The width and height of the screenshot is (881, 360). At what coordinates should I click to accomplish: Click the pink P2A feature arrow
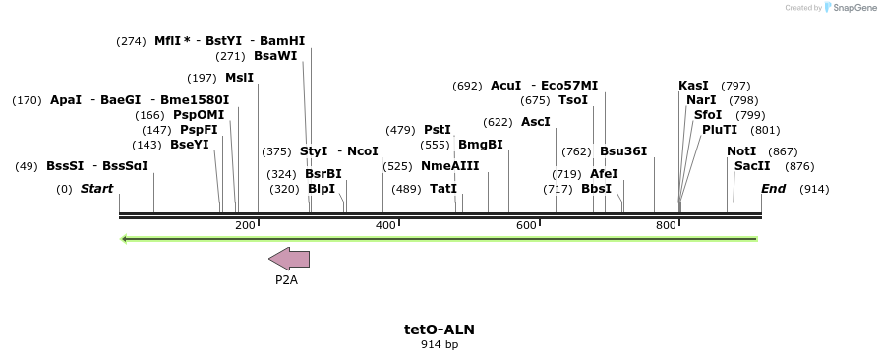click(289, 259)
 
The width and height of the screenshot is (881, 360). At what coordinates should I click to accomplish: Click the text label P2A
click(286, 280)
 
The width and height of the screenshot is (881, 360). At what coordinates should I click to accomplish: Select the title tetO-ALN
click(439, 330)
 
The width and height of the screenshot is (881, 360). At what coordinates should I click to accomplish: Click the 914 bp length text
click(439, 344)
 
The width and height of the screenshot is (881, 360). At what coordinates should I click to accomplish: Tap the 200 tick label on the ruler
click(245, 226)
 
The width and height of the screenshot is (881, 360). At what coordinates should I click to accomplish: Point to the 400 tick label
click(385, 226)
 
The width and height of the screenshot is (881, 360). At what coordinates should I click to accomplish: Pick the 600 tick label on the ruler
click(526, 226)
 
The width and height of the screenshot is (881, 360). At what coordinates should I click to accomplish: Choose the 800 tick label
click(666, 226)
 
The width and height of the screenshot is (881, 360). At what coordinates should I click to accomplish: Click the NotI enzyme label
click(741, 151)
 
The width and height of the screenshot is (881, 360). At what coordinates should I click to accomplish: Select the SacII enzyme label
click(752, 166)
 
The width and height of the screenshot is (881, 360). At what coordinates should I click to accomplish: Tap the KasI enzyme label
click(693, 86)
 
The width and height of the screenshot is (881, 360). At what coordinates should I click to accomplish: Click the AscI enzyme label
click(536, 122)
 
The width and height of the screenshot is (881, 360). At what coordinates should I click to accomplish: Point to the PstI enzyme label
click(438, 130)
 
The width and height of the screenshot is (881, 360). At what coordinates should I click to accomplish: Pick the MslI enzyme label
click(239, 78)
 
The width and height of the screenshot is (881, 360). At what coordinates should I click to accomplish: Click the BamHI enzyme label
click(282, 41)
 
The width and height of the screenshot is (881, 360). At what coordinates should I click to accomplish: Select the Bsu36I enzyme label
click(623, 151)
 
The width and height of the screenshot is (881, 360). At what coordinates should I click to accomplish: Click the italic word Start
click(96, 189)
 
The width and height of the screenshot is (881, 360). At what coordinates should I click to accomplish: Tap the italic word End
click(773, 189)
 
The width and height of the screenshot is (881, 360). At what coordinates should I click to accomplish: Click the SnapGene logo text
click(849, 8)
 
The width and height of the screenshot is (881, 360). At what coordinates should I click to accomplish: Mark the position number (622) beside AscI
click(498, 122)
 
